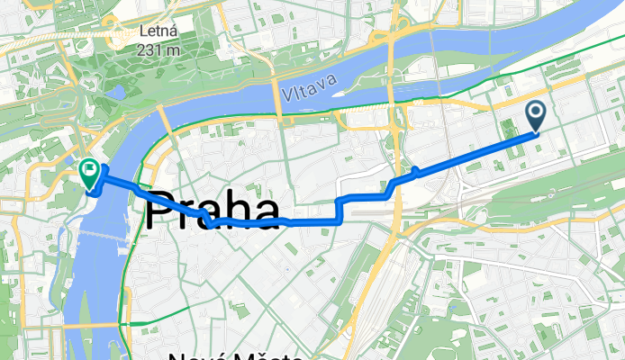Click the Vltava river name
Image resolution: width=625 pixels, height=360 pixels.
(x=309, y=87)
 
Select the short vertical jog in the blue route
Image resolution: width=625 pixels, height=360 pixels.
(x=338, y=209)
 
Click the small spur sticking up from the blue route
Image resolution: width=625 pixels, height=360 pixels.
(x=414, y=169)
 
